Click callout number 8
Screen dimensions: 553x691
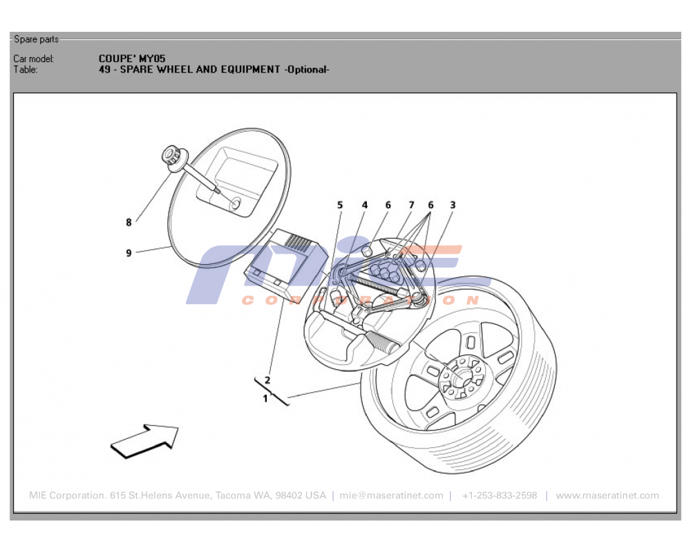(129, 223)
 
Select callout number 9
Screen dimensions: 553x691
(129, 253)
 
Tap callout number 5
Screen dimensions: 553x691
(340, 205)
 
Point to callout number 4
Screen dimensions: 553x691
(365, 205)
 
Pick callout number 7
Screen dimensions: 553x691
(411, 205)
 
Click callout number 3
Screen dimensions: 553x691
(453, 205)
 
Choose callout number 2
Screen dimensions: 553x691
(267, 379)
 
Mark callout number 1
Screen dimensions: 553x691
(265, 398)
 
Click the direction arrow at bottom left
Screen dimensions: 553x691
(146, 440)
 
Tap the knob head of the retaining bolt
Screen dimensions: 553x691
(169, 156)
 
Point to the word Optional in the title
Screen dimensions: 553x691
(307, 70)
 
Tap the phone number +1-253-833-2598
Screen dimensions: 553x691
(500, 496)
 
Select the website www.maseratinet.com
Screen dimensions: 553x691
(607, 496)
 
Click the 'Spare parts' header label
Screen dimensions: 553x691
(37, 39)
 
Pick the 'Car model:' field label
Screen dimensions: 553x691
(34, 59)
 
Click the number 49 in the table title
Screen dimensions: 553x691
(104, 70)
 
